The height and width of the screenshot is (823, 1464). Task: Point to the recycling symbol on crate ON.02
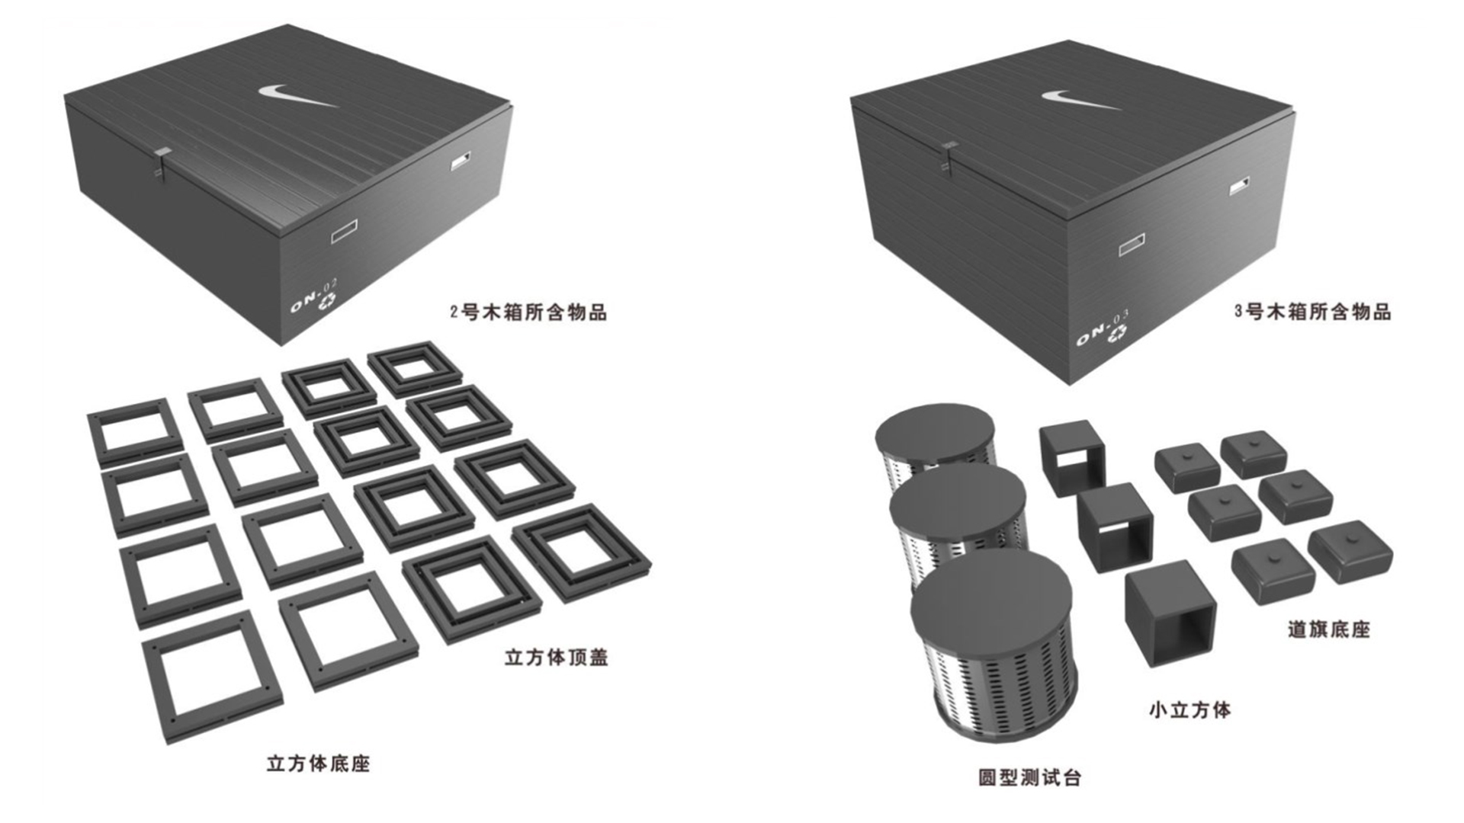327,303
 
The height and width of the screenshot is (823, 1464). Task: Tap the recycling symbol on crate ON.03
1118,333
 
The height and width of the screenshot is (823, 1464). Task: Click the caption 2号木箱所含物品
528,312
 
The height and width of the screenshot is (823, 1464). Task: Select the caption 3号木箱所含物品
1313,312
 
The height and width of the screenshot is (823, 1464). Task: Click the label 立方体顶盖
557,658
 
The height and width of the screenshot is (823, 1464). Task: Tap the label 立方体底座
318,764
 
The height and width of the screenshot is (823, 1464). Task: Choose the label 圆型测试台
1030,777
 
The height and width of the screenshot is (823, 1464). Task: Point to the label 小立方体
1189,710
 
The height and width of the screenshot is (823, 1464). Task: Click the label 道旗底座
1329,629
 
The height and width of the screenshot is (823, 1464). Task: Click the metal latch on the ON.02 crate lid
160,163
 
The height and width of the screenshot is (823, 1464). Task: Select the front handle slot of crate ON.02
344,231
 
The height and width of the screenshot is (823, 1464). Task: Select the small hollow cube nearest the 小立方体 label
1169,613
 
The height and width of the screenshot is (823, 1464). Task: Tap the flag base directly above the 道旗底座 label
1350,552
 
